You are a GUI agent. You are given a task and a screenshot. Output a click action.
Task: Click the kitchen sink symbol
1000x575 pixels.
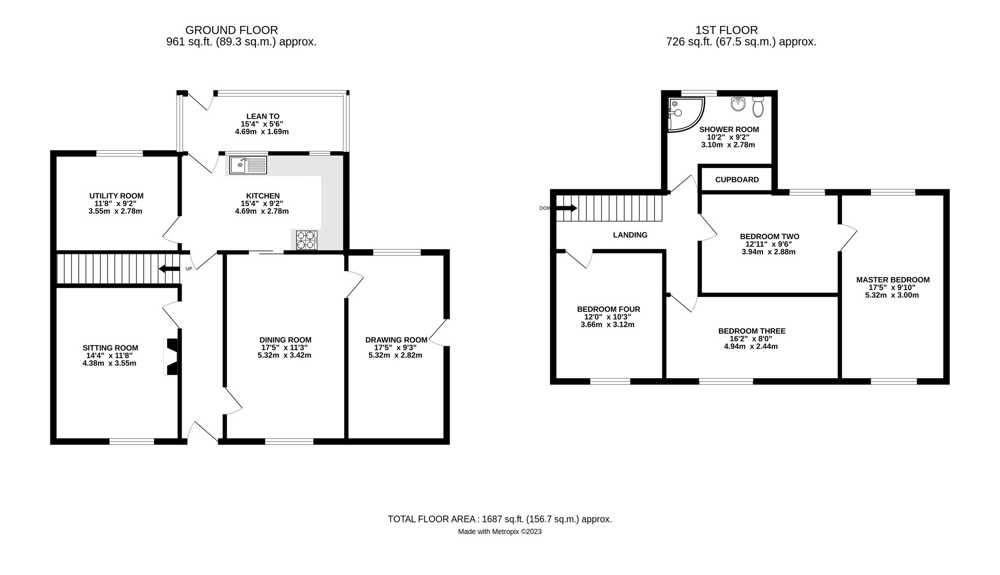point(248,165)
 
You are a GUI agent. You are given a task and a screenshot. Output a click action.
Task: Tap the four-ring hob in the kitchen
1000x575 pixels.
point(307,240)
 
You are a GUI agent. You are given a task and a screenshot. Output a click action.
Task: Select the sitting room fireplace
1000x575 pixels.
point(172,357)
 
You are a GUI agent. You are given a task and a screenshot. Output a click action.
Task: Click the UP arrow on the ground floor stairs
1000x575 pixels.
point(169,269)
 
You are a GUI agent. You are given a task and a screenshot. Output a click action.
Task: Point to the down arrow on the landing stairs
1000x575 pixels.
point(567,207)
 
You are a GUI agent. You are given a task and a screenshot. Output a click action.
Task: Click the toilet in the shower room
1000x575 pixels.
point(758,107)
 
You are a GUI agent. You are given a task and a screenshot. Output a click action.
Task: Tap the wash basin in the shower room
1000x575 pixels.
point(738,104)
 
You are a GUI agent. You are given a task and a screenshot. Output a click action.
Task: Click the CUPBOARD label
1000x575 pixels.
point(737,180)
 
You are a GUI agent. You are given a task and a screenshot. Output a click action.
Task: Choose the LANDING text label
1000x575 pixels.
point(630,235)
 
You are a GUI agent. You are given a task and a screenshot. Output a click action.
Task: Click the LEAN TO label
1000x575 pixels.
point(262,116)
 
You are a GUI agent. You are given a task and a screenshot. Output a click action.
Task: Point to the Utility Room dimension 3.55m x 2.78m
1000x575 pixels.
point(115,211)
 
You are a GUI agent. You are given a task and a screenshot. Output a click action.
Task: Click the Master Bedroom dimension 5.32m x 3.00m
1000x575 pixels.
point(892,295)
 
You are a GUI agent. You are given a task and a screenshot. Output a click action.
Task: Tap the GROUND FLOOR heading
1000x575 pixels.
point(231,30)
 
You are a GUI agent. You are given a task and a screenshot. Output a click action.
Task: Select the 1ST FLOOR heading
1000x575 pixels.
point(726,30)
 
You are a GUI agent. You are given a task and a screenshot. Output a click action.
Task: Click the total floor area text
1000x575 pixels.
point(500,519)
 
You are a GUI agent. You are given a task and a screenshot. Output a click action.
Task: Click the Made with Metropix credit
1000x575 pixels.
point(500,532)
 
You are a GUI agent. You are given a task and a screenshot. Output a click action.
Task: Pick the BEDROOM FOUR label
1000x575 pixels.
point(608,309)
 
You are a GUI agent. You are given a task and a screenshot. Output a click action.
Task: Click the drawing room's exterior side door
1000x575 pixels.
point(438,332)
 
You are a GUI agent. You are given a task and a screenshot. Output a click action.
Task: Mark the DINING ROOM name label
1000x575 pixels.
point(285,340)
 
